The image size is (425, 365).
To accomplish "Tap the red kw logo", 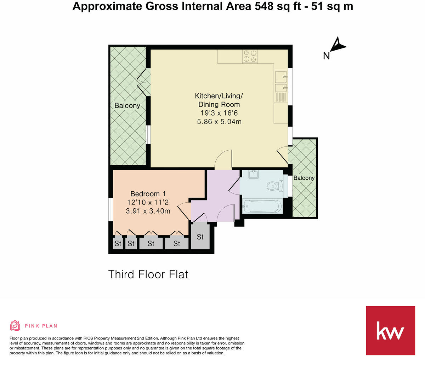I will point(390,330).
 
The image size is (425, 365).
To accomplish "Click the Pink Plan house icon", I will point(15,325).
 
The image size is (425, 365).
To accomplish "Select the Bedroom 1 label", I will point(148,194).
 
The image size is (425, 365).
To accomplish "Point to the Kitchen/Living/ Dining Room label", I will point(219,100).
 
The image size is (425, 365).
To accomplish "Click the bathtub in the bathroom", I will point(262,206).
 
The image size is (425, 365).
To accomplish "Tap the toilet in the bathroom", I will point(275,186).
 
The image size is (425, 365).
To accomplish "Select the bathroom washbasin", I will point(254,174).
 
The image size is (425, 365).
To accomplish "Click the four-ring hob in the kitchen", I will point(250,56).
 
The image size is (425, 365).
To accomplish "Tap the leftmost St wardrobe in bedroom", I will point(118,244).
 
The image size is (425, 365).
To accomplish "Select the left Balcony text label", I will point(127,105).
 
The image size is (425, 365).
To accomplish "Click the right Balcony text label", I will point(304,178).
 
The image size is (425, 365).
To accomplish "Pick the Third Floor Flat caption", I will point(148,274).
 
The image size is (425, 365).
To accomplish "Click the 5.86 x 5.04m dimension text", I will point(219,122).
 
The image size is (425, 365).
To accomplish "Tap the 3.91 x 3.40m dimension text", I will point(148,211).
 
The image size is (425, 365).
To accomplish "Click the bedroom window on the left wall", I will point(110,209).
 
